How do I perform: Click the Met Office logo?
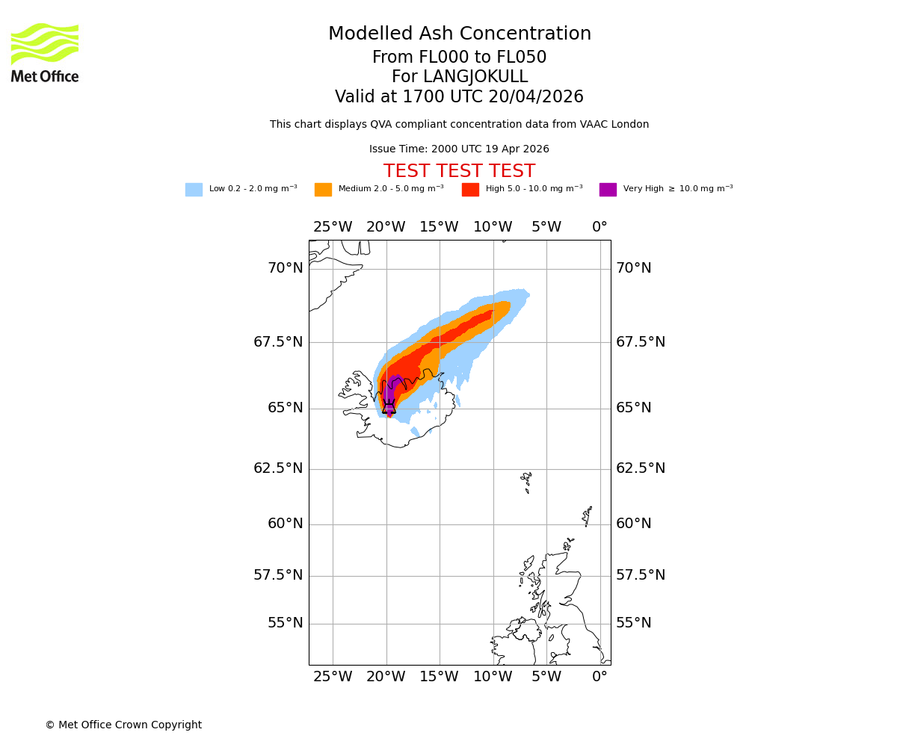click(45, 52)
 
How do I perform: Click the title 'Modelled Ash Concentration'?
click(459, 34)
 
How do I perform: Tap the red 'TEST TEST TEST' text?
click(459, 172)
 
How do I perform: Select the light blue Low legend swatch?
click(194, 190)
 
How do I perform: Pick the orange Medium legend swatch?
click(323, 190)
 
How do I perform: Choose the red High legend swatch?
click(470, 190)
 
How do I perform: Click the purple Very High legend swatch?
click(608, 190)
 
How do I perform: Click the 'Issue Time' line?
click(459, 149)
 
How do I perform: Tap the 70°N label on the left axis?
click(286, 268)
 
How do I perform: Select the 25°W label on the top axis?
click(332, 227)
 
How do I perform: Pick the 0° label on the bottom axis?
click(599, 677)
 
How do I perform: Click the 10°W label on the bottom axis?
click(493, 677)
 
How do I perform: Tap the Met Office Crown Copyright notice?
click(123, 725)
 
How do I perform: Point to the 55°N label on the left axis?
click(286, 623)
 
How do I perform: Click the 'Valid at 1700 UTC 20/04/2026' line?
click(459, 97)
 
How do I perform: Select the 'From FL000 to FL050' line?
click(459, 58)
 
